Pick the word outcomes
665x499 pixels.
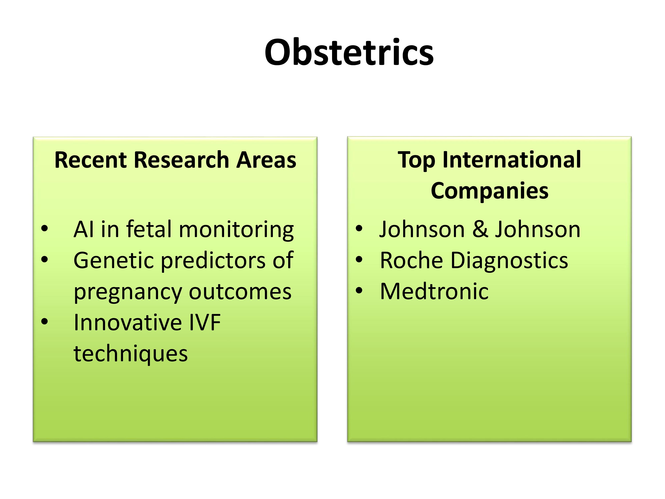(240, 292)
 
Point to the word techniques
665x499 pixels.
(131, 355)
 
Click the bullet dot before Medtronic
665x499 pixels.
(359, 291)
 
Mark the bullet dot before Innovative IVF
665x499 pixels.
(45, 322)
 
